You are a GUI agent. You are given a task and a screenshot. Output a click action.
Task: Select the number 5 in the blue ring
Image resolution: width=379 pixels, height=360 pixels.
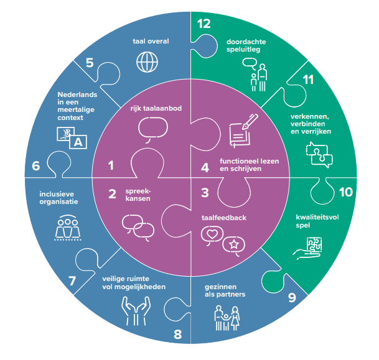point(90,63)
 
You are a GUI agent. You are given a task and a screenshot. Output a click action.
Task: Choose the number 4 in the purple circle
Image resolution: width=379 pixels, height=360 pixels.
point(205,167)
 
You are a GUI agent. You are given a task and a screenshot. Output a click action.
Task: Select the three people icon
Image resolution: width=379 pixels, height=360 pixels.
point(64,228)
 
